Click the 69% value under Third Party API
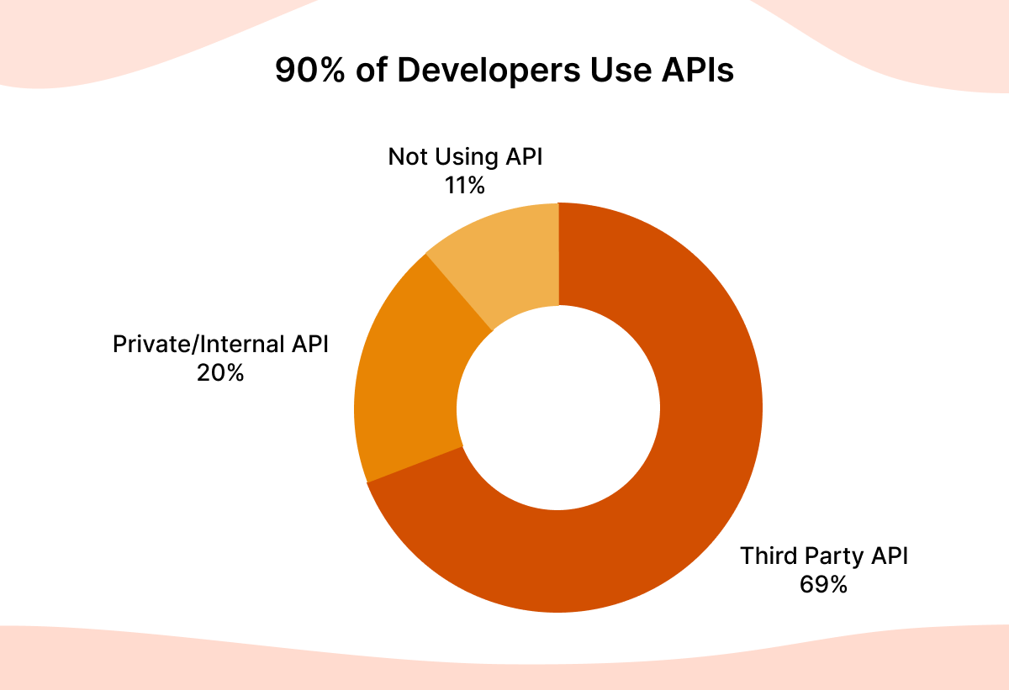[823, 584]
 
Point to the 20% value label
[220, 372]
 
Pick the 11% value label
[465, 185]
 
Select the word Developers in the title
[488, 71]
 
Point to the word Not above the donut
[406, 157]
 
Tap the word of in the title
[372, 71]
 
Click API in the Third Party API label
[889, 556]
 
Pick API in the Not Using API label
[526, 157]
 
